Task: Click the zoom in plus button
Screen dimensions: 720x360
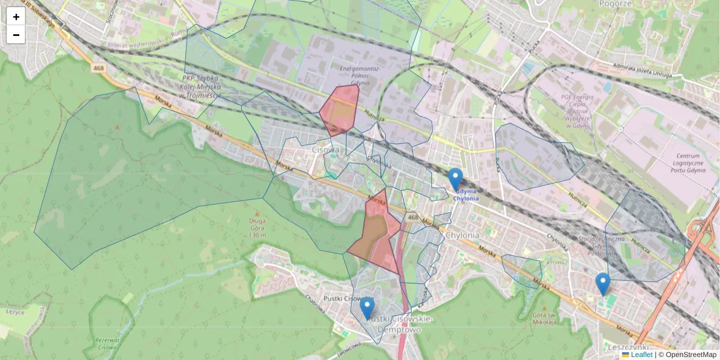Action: (x=16, y=17)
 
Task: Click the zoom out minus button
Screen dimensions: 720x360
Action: (x=16, y=35)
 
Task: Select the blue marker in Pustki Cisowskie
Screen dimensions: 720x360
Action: (x=367, y=308)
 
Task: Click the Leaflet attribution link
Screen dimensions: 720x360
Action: (x=641, y=355)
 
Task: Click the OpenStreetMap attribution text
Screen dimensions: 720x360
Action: (x=691, y=355)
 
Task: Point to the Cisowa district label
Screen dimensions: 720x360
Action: (x=326, y=150)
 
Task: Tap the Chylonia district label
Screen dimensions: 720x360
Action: (x=462, y=235)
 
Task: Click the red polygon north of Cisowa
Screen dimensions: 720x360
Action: (x=339, y=109)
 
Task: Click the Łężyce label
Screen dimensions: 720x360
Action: (x=13, y=311)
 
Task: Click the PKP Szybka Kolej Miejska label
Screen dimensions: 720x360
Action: (x=202, y=86)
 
